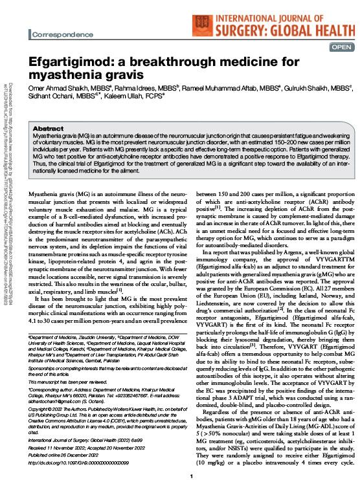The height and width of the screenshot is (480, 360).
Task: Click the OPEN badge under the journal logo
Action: coord(341,47)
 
